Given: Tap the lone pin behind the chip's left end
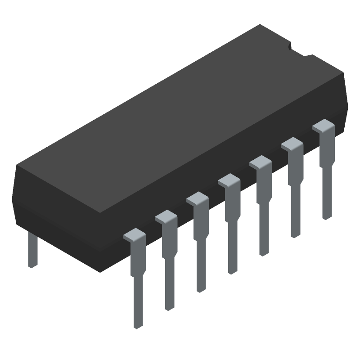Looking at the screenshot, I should point(32,250).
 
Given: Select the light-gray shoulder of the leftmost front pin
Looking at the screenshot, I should point(134,234).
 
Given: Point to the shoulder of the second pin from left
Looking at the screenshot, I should point(166,216).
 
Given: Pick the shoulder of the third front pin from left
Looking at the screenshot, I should point(197,198).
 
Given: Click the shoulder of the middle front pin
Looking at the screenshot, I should point(229,180).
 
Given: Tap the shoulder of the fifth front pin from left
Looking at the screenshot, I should point(260,162).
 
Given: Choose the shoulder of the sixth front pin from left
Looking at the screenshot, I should point(292,144).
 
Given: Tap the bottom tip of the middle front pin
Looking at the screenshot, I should point(233,271).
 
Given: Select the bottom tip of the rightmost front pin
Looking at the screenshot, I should point(327,217).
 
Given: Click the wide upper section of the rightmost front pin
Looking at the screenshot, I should point(327,146).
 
